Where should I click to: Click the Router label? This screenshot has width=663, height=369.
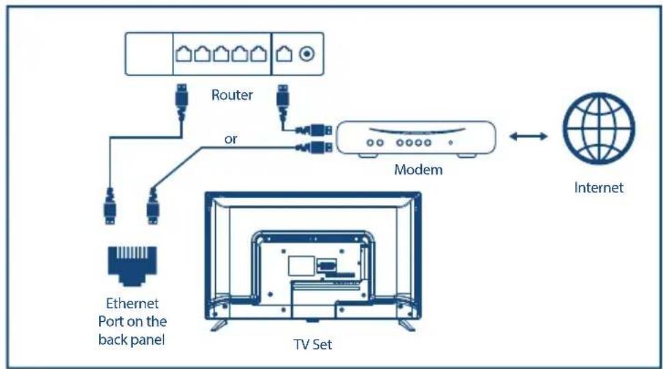point(231,95)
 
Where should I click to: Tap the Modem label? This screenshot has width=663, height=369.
point(418,169)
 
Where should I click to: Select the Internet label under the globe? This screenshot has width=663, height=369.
point(599,187)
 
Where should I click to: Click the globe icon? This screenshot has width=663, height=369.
point(599,128)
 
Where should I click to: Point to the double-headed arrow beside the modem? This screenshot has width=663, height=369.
point(528,136)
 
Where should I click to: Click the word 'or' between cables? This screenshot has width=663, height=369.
point(230,139)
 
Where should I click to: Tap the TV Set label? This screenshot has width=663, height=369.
point(313,344)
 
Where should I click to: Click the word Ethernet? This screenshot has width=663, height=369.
point(132,303)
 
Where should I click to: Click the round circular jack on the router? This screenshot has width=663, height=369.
point(307,54)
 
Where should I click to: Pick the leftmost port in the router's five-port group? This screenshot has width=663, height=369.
point(184,54)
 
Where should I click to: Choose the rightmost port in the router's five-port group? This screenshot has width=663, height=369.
point(259,54)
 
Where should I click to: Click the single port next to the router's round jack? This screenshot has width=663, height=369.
point(284,54)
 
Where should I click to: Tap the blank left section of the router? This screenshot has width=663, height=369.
point(149,54)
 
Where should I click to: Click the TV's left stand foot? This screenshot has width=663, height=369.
point(218,325)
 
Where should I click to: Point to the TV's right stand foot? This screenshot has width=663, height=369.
point(407,325)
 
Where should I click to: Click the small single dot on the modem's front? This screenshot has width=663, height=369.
point(451,143)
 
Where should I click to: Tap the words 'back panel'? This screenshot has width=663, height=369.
point(132,340)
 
